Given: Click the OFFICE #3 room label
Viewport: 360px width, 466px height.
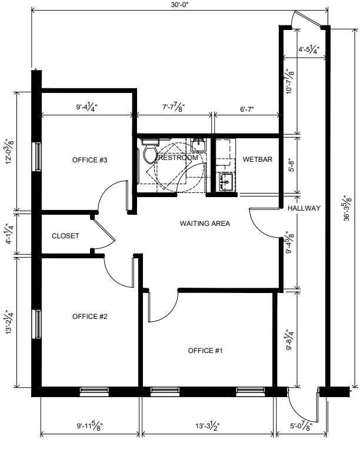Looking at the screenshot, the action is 89,160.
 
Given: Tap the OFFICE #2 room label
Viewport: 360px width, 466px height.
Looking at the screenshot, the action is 89,317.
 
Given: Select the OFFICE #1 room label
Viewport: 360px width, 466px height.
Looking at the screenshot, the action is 205,351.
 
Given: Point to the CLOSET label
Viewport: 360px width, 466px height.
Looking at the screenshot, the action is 65,236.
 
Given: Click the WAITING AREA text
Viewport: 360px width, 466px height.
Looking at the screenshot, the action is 205,223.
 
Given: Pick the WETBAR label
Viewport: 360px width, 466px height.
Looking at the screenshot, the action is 258,159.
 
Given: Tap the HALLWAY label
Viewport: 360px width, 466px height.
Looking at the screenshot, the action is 304,208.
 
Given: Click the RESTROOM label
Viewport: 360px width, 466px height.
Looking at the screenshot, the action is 178,158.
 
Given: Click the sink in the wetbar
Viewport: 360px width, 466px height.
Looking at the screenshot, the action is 226,182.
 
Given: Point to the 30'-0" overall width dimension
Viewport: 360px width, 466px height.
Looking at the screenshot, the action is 180,5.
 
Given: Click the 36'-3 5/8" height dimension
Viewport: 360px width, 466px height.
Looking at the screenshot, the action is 348,208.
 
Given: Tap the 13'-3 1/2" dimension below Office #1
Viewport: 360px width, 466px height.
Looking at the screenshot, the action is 208,427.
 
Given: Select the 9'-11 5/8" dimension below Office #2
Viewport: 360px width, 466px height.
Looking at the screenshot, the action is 89,427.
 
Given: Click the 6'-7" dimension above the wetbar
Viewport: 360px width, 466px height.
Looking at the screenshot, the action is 247,109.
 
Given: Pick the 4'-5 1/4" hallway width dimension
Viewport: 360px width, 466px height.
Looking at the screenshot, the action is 309,49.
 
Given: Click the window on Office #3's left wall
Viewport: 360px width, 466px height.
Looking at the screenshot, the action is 38,157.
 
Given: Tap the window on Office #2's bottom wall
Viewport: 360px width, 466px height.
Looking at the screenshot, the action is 94,391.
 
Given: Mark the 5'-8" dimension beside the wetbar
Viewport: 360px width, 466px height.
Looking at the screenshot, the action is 291,165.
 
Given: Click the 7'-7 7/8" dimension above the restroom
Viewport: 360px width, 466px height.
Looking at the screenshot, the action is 174,106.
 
